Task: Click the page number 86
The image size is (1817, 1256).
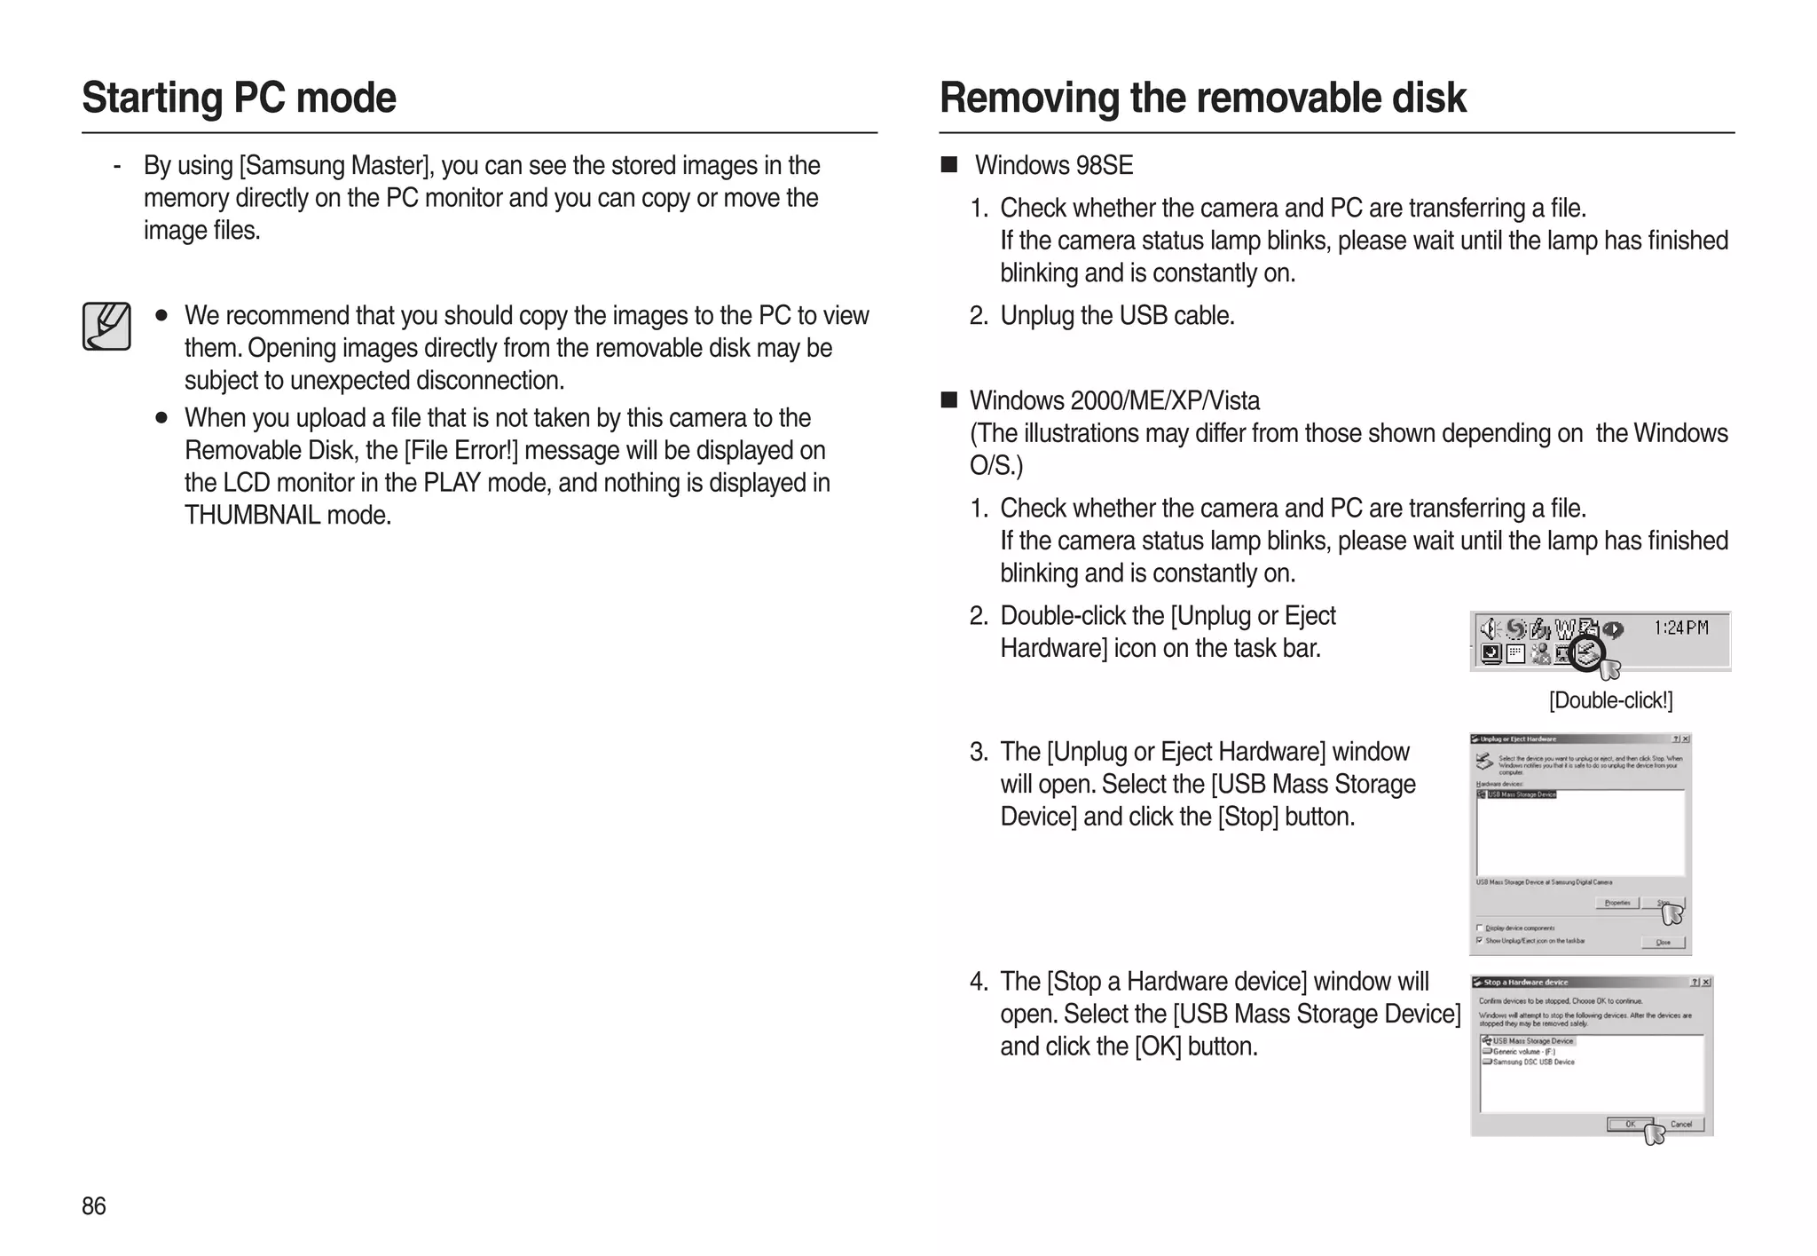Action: [93, 1206]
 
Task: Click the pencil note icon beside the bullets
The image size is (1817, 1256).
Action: [106, 326]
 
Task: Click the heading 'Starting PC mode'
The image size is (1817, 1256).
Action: [239, 98]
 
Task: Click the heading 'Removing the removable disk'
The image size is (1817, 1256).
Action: [1202, 98]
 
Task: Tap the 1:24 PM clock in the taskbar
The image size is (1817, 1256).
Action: [1680, 628]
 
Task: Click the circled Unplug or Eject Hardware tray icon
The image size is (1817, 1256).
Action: [1586, 654]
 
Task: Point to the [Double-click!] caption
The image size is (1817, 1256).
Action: [1610, 700]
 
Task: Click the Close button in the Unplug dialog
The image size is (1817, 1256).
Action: [1663, 942]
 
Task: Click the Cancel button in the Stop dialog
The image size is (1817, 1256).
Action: [1680, 1124]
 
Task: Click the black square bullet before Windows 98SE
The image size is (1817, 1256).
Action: [949, 164]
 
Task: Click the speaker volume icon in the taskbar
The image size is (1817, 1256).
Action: [1488, 628]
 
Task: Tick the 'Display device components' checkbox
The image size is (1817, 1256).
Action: [1479, 928]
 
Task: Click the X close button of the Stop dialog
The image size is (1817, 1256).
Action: [1705, 982]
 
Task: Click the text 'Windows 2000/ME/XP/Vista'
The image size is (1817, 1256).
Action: [1114, 400]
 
